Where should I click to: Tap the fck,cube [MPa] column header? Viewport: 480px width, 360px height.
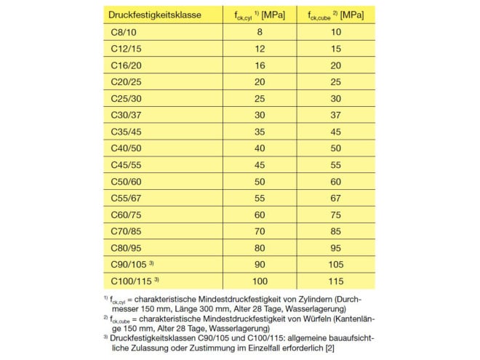point(335,15)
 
